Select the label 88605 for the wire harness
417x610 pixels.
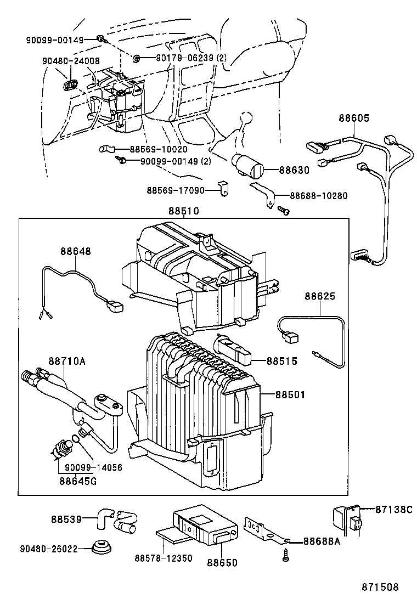pos(353,118)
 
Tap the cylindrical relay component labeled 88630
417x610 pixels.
pos(247,165)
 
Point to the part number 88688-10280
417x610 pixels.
pos(318,195)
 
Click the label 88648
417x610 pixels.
pos(76,251)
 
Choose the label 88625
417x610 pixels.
pos(320,296)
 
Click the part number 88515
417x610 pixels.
pos(282,361)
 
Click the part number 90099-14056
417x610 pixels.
pos(93,468)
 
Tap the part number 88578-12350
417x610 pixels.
pos(164,558)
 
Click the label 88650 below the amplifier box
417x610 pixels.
pos(222,562)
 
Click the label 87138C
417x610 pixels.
pos(393,509)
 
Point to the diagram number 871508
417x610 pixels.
pos(379,587)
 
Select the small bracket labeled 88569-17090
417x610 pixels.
pos(222,189)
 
